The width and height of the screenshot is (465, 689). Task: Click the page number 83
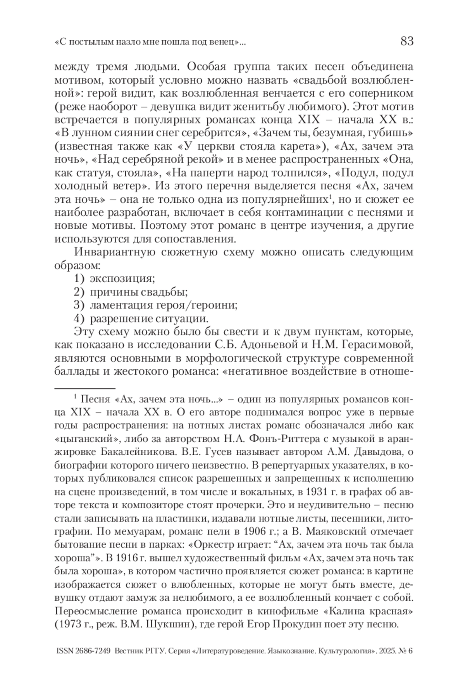point(407,41)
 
